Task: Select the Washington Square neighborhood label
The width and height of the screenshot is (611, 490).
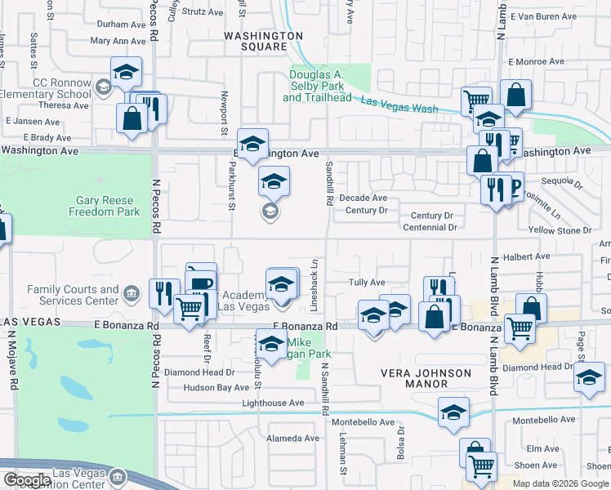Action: pyautogui.click(x=263, y=41)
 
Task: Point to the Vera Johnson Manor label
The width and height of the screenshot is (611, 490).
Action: pyautogui.click(x=426, y=380)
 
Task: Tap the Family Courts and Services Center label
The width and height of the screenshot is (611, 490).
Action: pyautogui.click(x=73, y=295)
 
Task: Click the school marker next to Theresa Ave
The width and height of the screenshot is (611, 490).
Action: pyautogui.click(x=126, y=73)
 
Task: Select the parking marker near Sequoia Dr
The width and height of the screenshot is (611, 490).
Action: pyautogui.click(x=513, y=189)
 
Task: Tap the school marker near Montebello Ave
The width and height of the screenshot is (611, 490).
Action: pyautogui.click(x=453, y=413)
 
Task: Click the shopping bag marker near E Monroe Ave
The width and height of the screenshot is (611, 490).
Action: pyautogui.click(x=516, y=96)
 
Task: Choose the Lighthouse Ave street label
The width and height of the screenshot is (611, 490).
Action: pyautogui.click(x=273, y=403)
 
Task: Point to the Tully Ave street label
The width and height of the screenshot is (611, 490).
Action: pyautogui.click(x=367, y=283)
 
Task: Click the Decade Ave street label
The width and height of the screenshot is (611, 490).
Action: pyautogui.click(x=363, y=198)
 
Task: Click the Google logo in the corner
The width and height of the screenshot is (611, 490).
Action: pyautogui.click(x=27, y=480)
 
